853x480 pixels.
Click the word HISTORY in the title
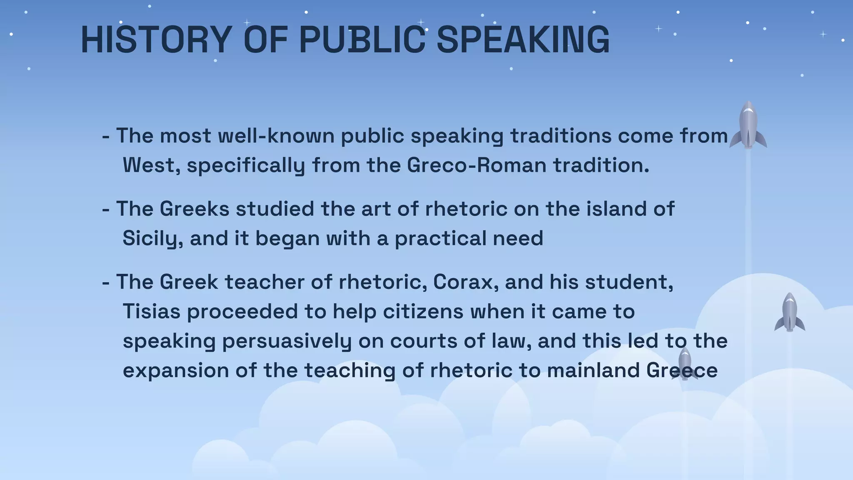(x=156, y=40)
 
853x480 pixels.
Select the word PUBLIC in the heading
(x=362, y=40)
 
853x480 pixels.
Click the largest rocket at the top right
(x=748, y=125)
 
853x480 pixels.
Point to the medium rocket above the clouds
(x=789, y=312)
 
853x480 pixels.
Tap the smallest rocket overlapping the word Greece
(x=685, y=363)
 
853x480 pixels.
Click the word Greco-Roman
(x=476, y=165)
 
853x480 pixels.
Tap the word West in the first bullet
(x=151, y=165)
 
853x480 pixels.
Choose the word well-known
(x=276, y=136)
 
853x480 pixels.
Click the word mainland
(x=593, y=371)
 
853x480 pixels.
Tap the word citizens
(x=423, y=312)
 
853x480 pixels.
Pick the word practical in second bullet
(x=440, y=239)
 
